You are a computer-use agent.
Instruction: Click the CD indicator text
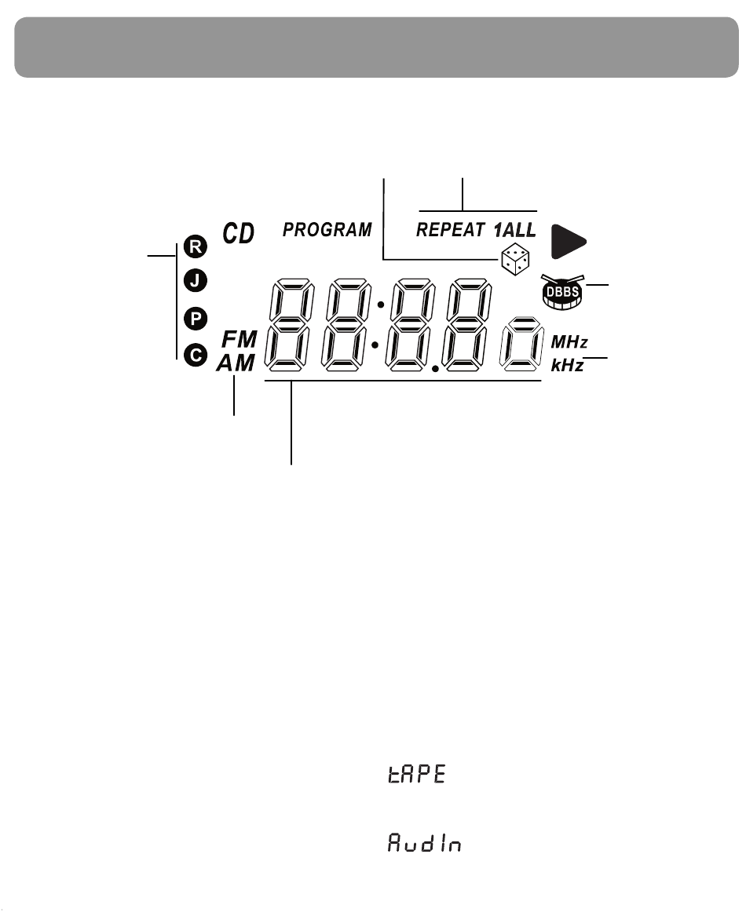[x=239, y=233]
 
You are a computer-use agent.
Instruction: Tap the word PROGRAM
[x=327, y=229]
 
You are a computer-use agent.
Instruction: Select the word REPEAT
[x=451, y=229]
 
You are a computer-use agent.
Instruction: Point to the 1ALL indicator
[x=515, y=229]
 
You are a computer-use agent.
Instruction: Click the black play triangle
[x=568, y=241]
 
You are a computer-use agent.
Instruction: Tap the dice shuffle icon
[x=515, y=260]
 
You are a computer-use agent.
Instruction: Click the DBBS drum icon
[x=561, y=291]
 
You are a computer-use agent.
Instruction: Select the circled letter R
[x=196, y=246]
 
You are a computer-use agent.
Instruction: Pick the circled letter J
[x=196, y=281]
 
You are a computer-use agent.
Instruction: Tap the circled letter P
[x=196, y=319]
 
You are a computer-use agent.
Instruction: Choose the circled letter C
[x=196, y=356]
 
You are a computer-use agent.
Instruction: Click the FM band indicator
[x=240, y=339]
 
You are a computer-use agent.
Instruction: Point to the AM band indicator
[x=236, y=363]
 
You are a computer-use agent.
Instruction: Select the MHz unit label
[x=569, y=341]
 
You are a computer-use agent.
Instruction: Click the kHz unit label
[x=567, y=365]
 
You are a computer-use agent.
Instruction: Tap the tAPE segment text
[x=417, y=773]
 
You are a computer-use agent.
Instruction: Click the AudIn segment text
[x=425, y=843]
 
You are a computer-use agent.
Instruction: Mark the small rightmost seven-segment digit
[x=522, y=344]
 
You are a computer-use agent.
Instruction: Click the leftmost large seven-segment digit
[x=289, y=325]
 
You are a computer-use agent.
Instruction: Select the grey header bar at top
[x=376, y=47]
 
